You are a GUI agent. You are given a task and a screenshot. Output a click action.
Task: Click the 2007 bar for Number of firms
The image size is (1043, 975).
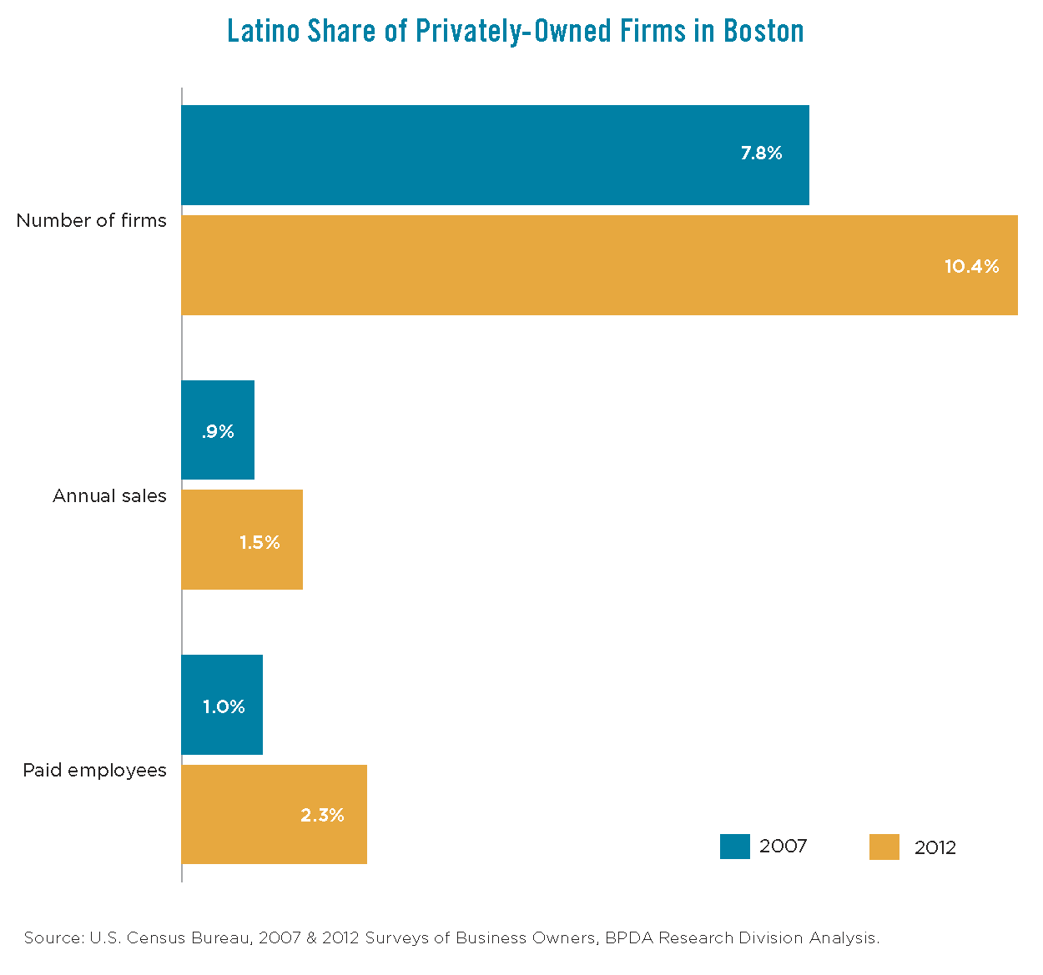tap(495, 155)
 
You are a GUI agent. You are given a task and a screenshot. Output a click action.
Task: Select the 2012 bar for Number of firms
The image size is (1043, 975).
tap(599, 265)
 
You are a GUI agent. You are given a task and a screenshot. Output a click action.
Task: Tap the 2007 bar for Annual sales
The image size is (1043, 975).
tap(218, 430)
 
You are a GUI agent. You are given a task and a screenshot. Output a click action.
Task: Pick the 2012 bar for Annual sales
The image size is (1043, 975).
tap(242, 540)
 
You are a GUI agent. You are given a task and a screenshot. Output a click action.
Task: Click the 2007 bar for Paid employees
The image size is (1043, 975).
tap(222, 705)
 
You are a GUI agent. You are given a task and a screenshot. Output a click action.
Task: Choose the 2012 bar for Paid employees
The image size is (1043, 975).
tap(274, 814)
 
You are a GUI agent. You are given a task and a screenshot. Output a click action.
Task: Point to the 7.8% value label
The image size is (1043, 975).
tap(761, 153)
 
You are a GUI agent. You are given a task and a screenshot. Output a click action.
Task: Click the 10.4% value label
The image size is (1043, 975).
tap(971, 267)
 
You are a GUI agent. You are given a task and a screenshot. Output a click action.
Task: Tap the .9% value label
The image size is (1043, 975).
tap(218, 432)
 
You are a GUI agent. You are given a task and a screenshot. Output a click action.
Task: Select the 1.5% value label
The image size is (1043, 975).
tap(259, 543)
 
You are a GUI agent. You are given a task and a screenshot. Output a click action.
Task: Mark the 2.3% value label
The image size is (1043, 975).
tap(322, 816)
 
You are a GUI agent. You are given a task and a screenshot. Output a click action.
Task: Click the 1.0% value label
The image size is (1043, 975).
tap(224, 707)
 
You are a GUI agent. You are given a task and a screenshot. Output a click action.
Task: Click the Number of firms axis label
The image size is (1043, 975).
tap(92, 221)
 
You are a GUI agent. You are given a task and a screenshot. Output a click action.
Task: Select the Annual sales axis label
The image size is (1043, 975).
tap(109, 496)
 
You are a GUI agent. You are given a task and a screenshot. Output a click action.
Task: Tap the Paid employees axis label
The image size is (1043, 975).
tap(94, 771)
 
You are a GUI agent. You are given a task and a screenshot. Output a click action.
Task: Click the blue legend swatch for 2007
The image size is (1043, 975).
tap(734, 847)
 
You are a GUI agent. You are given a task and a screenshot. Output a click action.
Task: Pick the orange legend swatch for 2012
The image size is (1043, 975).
tap(884, 847)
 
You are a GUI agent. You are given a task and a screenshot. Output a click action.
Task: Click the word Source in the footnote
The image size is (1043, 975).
tap(53, 938)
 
